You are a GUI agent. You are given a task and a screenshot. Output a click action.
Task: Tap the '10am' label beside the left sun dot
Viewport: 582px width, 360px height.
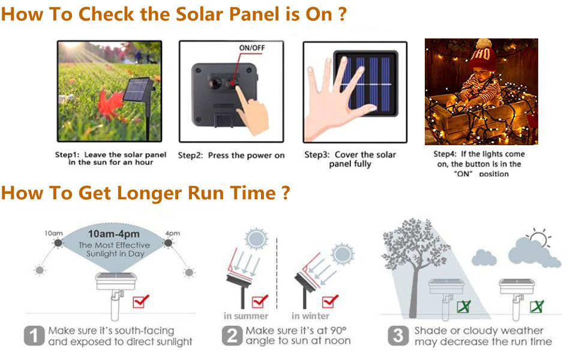pos(53,233)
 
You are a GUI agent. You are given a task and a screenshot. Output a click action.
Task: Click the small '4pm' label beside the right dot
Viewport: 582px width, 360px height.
pos(172,233)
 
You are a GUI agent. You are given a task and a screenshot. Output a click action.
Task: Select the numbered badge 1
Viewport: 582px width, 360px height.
pos(34,336)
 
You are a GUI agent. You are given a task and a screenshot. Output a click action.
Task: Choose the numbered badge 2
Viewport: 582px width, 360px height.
pos(232,336)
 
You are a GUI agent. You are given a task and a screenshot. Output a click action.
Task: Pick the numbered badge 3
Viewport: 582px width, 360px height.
pos(397,336)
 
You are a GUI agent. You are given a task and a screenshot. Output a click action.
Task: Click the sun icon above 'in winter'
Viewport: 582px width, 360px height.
pos(343,253)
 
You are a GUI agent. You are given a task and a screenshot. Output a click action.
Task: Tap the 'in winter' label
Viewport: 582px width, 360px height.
pos(310,316)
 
